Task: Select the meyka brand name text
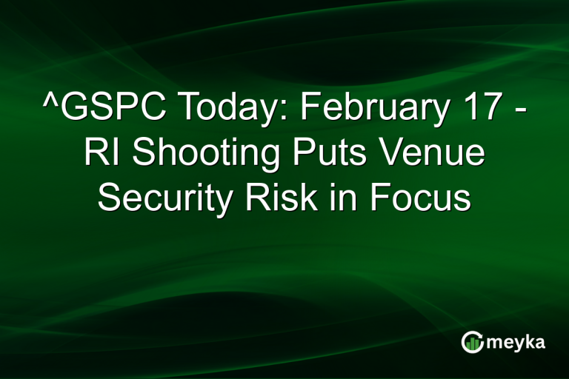[x=516, y=342]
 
